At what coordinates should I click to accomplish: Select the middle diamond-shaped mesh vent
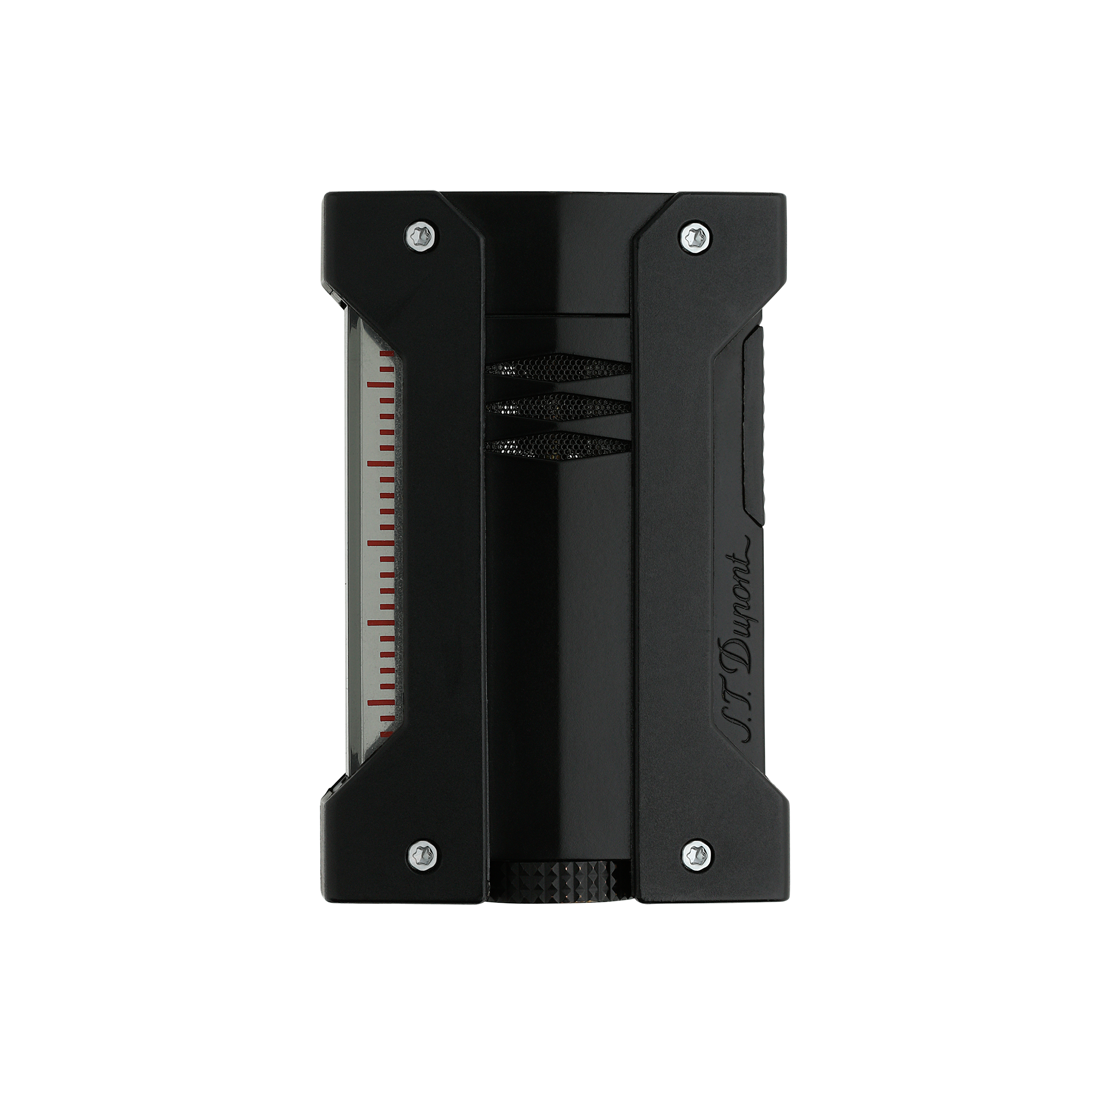(x=558, y=407)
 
